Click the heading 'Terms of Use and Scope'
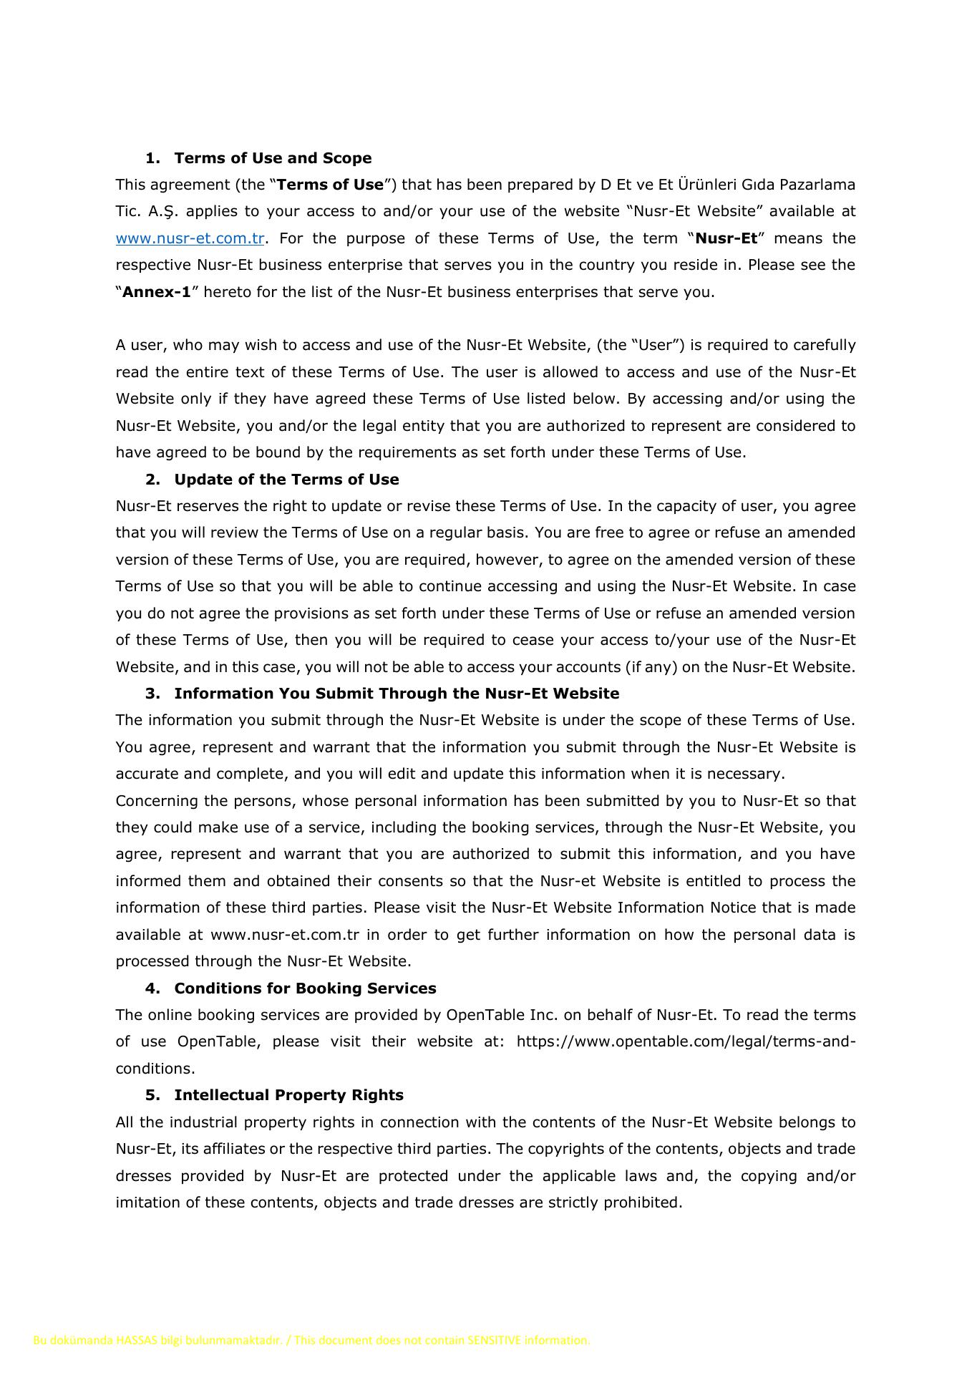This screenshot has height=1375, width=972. [x=273, y=158]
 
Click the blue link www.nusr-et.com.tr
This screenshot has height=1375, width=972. [x=190, y=238]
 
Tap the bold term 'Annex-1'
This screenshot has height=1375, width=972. [x=157, y=292]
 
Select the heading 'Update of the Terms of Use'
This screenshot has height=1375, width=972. [x=286, y=480]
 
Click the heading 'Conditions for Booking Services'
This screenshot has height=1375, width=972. [x=305, y=988]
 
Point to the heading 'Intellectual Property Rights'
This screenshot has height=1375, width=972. [x=288, y=1095]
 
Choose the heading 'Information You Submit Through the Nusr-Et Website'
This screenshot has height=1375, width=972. [x=397, y=694]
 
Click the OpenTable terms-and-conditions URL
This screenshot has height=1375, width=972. [x=685, y=1041]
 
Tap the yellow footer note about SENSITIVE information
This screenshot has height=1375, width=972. [x=311, y=1340]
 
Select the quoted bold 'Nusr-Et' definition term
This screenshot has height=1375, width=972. [x=726, y=238]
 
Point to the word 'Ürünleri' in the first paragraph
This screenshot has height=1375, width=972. [x=719, y=185]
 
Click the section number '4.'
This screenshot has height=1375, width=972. [x=152, y=988]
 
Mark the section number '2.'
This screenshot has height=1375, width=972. [x=152, y=480]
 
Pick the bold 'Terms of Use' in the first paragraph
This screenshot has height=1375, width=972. [x=330, y=185]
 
